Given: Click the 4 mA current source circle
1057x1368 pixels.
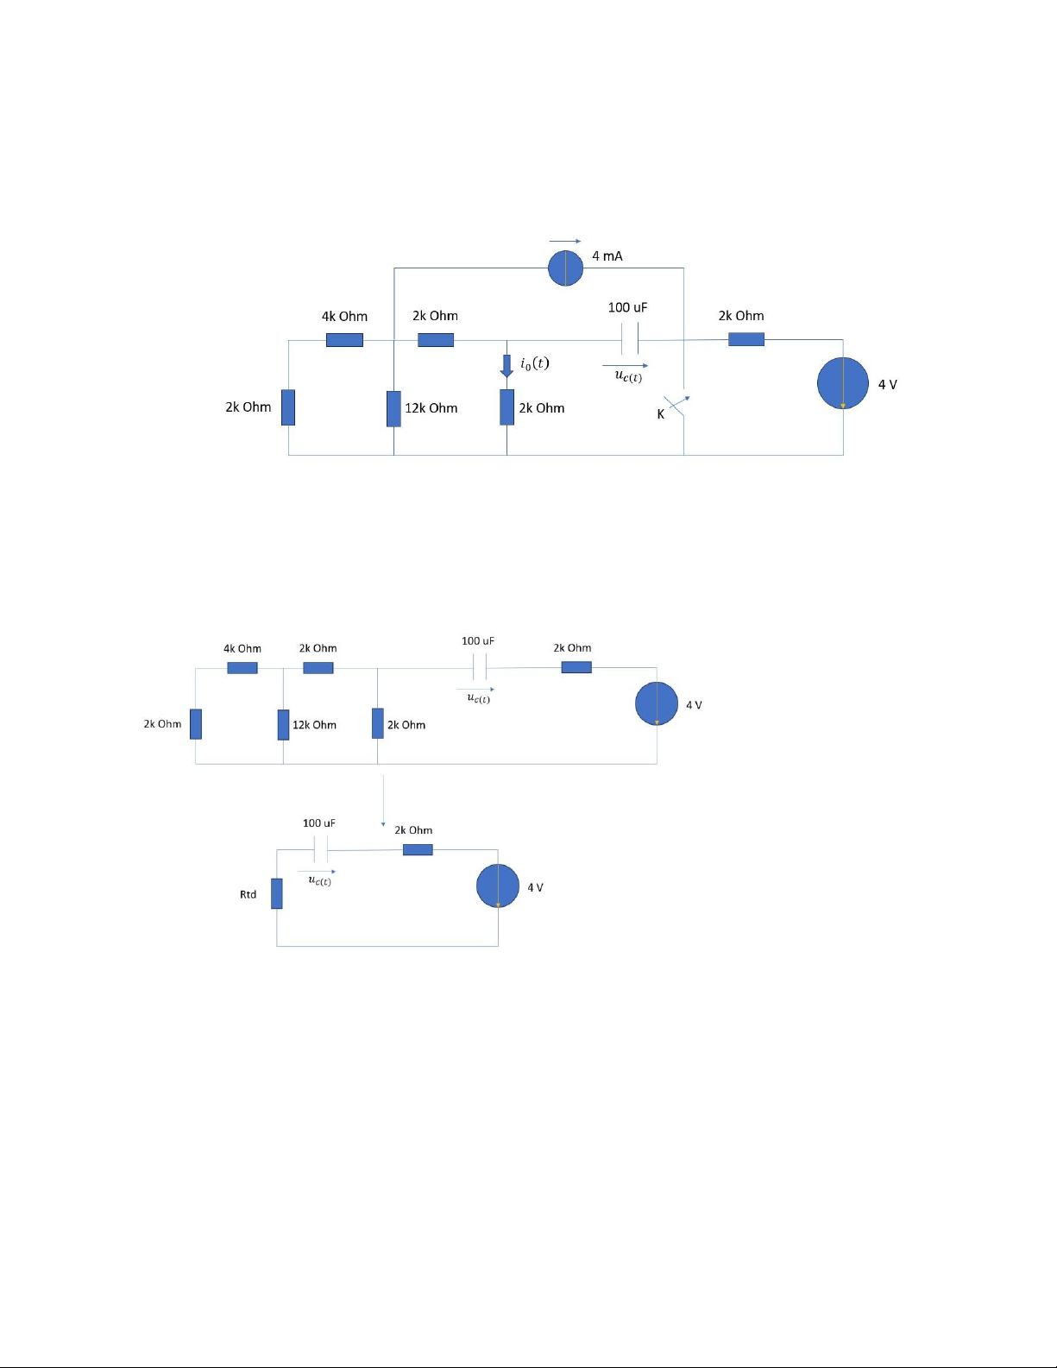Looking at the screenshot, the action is click(565, 268).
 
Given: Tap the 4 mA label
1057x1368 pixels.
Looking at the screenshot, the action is click(607, 256).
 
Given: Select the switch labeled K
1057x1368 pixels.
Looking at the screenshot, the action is click(678, 405).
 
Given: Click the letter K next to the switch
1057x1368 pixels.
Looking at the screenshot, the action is click(661, 414).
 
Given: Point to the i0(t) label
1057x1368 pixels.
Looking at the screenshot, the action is click(535, 363).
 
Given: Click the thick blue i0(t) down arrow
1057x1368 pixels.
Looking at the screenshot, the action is click(506, 366).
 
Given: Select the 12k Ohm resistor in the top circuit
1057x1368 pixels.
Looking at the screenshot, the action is click(393, 408).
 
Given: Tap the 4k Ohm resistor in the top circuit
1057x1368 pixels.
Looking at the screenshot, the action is click(345, 340).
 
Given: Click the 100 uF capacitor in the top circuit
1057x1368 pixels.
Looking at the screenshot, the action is click(629, 338).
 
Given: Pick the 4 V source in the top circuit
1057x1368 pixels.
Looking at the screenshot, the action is click(843, 382).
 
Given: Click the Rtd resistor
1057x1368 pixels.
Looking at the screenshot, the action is click(277, 893).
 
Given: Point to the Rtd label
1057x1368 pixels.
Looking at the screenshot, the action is click(248, 894).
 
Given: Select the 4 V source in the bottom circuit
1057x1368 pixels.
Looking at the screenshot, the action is click(498, 886).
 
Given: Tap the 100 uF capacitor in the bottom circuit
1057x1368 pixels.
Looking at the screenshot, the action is click(321, 849).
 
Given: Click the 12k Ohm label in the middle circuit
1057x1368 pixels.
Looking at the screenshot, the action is click(315, 725).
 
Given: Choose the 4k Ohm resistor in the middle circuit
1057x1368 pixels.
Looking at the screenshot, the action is click(242, 668).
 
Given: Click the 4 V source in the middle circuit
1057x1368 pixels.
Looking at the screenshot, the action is click(657, 703).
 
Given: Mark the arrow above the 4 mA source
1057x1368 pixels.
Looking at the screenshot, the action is click(565, 241).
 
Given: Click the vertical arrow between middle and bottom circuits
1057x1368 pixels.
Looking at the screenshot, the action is click(383, 801).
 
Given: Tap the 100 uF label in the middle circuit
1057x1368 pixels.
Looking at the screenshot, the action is click(478, 641).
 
